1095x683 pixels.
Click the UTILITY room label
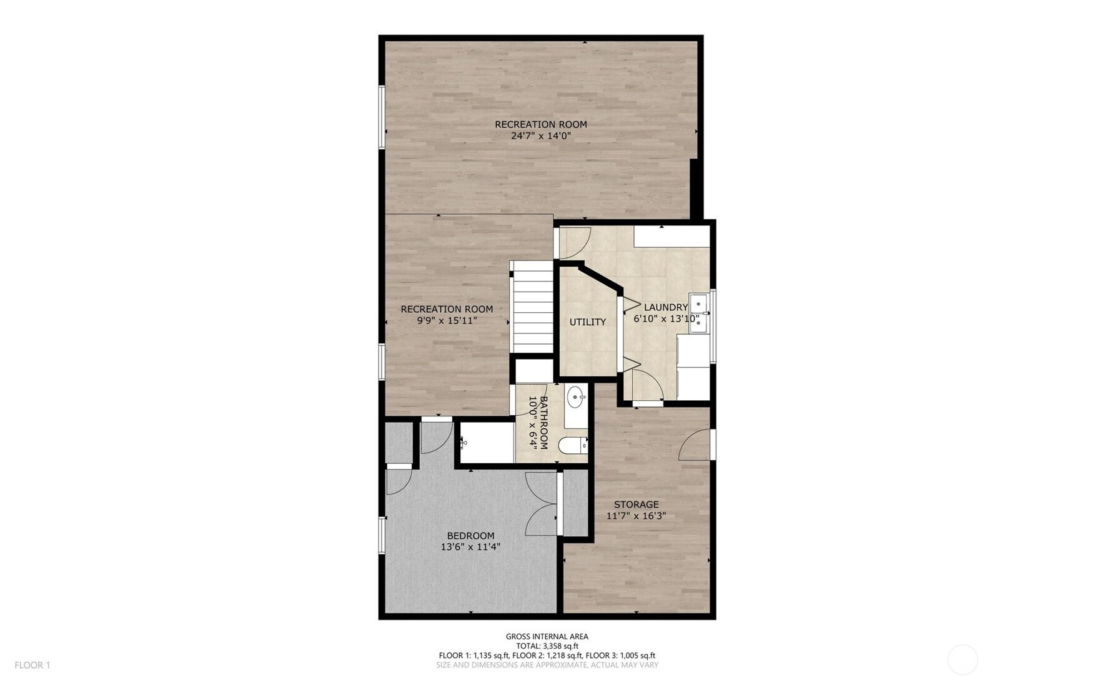pyautogui.click(x=587, y=322)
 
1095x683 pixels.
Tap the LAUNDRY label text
pyautogui.click(x=666, y=307)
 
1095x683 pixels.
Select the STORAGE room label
pyautogui.click(x=636, y=504)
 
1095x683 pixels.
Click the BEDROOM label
pyautogui.click(x=470, y=536)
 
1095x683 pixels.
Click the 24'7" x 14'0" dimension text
pyautogui.click(x=541, y=135)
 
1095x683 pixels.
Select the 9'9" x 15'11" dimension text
pyautogui.click(x=447, y=320)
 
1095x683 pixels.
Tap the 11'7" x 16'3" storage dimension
pyautogui.click(x=636, y=516)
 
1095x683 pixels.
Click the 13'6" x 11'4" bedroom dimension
pyautogui.click(x=470, y=547)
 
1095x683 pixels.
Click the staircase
pyautogui.click(x=532, y=307)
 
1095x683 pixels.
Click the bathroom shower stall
pyautogui.click(x=487, y=443)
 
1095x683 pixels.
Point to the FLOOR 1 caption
pyautogui.click(x=32, y=666)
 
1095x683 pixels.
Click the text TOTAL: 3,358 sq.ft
pyautogui.click(x=547, y=646)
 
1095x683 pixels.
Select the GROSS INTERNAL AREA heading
pyautogui.click(x=547, y=637)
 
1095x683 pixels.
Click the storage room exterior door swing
pyautogui.click(x=695, y=445)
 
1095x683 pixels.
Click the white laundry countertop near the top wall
pyautogui.click(x=672, y=237)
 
